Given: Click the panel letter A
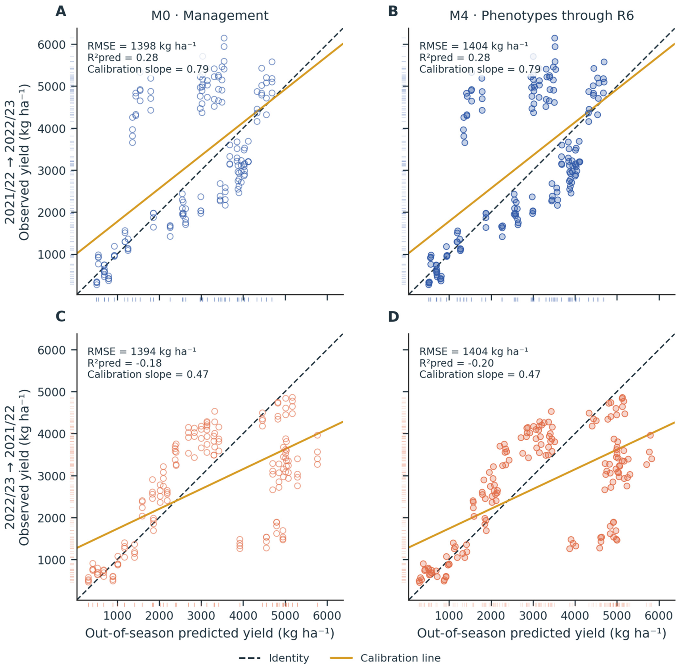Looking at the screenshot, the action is tap(61, 11).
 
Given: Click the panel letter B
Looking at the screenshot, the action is tap(393, 11).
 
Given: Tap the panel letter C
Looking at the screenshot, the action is tap(61, 317).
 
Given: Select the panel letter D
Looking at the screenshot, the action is tap(394, 317).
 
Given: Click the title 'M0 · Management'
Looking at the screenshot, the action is tap(210, 16).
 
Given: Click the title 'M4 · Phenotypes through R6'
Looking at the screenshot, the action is tap(542, 16).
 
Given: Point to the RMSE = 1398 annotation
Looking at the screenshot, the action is tap(142, 46).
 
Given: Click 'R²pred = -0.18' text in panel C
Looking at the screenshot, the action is tap(124, 363).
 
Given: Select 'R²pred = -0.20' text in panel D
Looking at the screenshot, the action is tap(457, 363).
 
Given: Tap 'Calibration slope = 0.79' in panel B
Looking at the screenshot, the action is tap(480, 69).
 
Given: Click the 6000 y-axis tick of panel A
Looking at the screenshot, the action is tap(52, 45).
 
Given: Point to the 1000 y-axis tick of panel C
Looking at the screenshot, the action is tap(52, 560).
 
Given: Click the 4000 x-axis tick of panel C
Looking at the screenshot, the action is tap(243, 616).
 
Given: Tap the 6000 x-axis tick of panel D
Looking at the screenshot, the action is tap(659, 616).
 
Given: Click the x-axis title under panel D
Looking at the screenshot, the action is tap(542, 634).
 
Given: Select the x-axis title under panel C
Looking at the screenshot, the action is tap(210, 634).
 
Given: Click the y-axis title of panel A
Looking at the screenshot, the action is tap(17, 162).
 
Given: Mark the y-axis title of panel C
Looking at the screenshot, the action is tap(17, 467).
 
